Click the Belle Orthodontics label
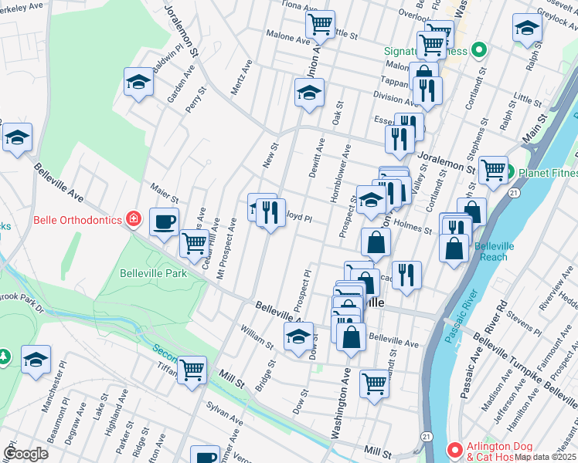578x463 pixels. pos(77,220)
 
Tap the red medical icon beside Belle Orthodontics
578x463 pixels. pos(134,220)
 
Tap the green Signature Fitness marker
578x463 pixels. pos(478,51)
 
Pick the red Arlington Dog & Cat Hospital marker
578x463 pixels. pos(456,448)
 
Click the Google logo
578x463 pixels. pos(26,453)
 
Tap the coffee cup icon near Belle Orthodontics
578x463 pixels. pos(163,222)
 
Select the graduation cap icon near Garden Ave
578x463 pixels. pos(138,82)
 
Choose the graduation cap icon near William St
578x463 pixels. pos(299,336)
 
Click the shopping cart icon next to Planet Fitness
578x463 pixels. pos(493,171)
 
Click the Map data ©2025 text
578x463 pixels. pos(544,457)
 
